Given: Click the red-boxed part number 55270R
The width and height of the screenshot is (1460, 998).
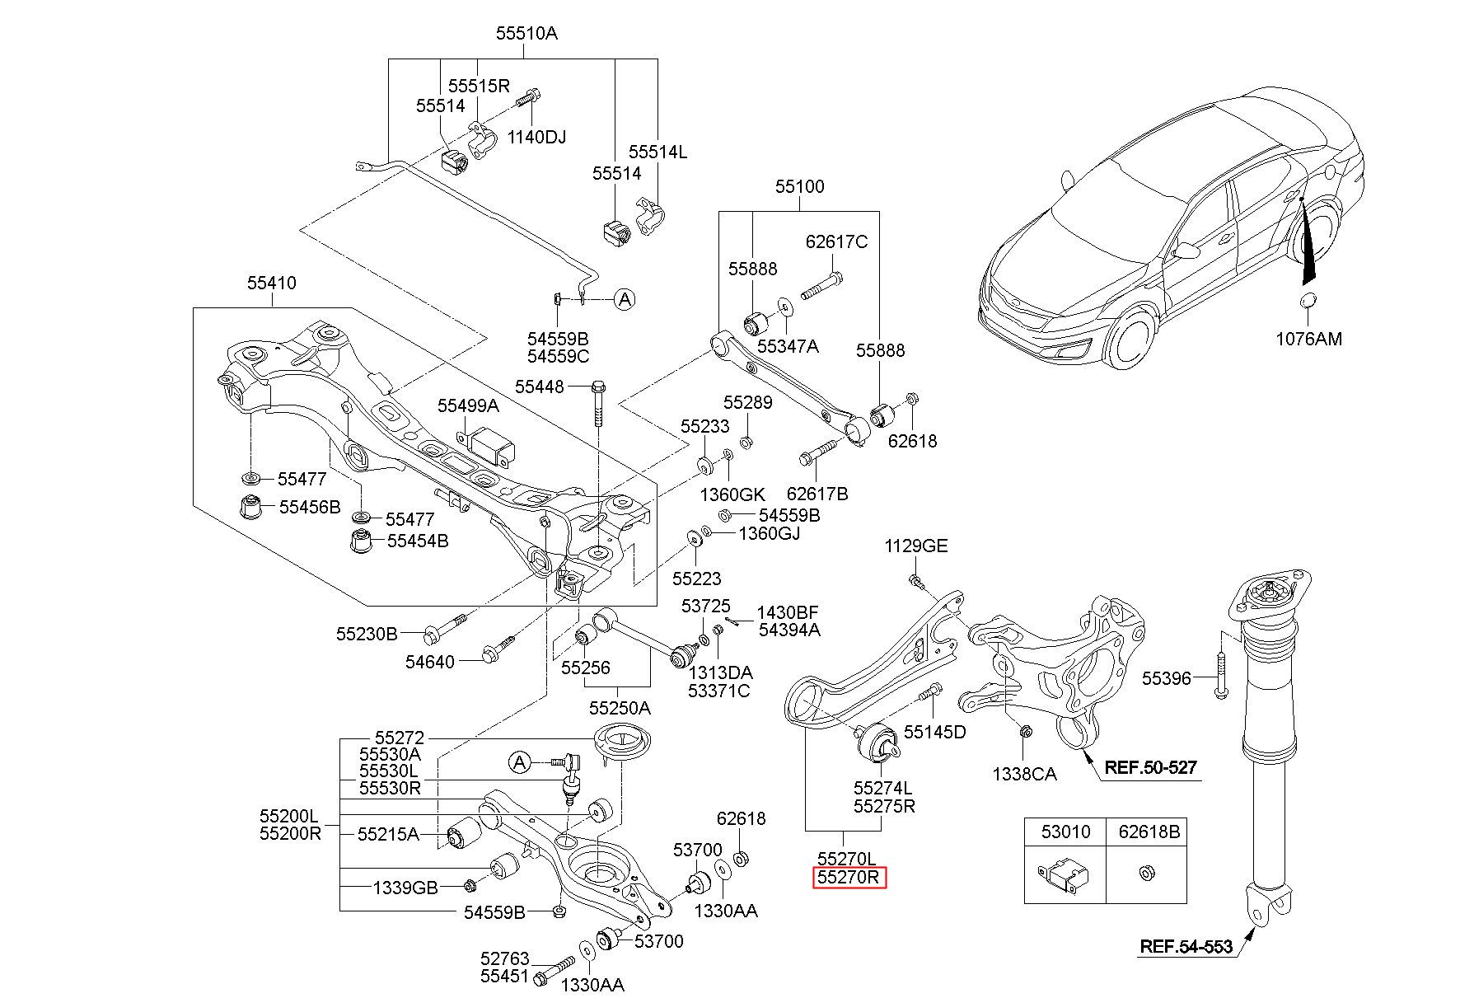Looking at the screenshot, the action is coord(851,879).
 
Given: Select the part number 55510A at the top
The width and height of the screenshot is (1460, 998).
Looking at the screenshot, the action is coord(526,34).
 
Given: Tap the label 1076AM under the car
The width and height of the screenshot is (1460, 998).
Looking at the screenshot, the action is coord(1308,339).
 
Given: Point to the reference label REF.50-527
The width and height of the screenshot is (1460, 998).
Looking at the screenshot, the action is coord(1150,767).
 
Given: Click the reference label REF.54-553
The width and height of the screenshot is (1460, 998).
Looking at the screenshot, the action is coord(1186,946).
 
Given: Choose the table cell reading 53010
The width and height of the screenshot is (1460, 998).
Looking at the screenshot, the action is coord(1065,832).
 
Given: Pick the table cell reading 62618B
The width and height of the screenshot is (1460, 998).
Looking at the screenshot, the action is coord(1149,832).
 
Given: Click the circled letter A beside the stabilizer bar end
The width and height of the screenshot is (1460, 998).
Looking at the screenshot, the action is coord(625,299).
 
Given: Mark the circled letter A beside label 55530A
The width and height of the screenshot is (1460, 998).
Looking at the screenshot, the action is coord(520,762).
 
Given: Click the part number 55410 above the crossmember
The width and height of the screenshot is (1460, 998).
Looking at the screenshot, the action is coord(272,283).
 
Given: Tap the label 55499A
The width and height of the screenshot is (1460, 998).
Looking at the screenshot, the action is coord(468,405).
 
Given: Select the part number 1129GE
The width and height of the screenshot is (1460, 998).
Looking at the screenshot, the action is coord(916,546).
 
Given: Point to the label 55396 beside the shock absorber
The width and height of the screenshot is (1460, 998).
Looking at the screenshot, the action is coord(1167,678).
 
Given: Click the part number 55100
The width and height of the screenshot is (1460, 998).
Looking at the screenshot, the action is coord(799,187).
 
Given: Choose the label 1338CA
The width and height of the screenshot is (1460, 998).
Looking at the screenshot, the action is coord(1024,774).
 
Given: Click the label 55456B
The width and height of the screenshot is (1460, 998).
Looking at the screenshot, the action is coord(310,507).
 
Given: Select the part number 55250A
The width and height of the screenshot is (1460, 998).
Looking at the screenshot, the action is coord(620,708).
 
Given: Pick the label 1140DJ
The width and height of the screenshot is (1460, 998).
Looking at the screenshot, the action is coord(536,137).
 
